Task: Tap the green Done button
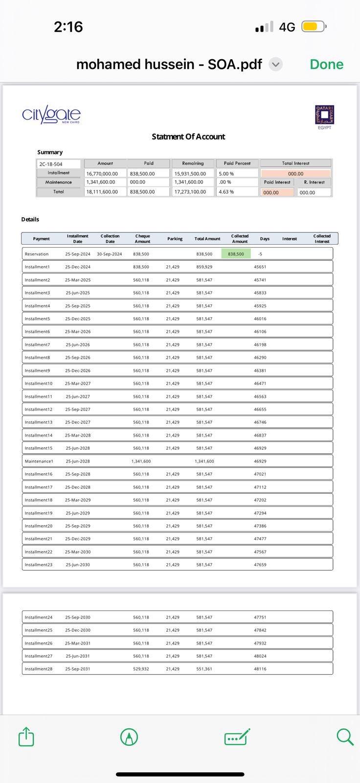[x=326, y=64]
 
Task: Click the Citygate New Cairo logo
[x=51, y=115]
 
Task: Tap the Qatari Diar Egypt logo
[x=324, y=116]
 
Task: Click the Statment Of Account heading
[x=188, y=137]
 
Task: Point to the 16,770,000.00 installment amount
[x=102, y=174]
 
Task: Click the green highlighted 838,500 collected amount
[x=236, y=254]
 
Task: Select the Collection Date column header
[x=110, y=239]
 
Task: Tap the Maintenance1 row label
[x=39, y=461]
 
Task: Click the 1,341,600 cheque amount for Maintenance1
[x=141, y=461]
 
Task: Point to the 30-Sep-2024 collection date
[x=110, y=254]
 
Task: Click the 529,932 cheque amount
[x=141, y=668]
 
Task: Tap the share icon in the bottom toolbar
[x=26, y=736]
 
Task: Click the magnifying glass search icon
[x=345, y=736]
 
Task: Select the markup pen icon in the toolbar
[x=129, y=737]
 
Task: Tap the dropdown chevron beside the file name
[x=276, y=64]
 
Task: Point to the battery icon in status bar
[x=314, y=26]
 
